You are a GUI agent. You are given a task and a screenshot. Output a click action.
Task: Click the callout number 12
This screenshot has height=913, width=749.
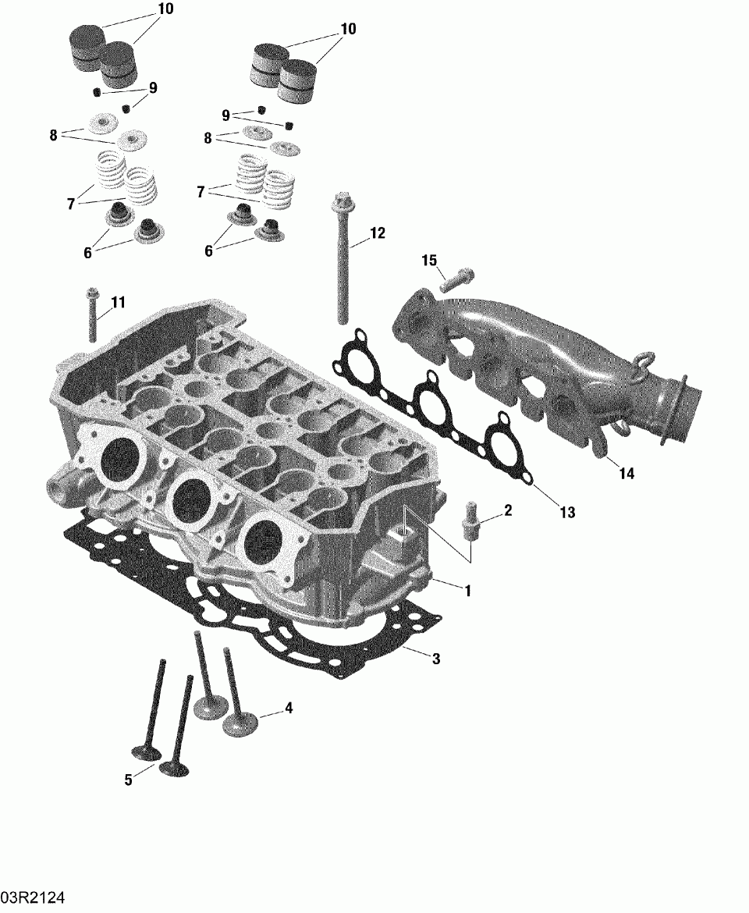pyautogui.click(x=377, y=233)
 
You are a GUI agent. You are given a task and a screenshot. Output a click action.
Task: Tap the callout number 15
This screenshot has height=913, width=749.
pyautogui.click(x=429, y=261)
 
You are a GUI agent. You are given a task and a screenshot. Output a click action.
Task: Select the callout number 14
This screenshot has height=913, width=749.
pyautogui.click(x=627, y=474)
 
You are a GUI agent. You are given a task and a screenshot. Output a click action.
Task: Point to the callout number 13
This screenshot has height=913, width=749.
pyautogui.click(x=567, y=512)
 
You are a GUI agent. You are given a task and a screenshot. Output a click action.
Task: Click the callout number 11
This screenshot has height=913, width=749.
pyautogui.click(x=118, y=302)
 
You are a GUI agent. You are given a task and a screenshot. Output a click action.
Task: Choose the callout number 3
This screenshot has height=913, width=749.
pyautogui.click(x=436, y=659)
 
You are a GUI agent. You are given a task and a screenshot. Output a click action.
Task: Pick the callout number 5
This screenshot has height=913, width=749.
pyautogui.click(x=129, y=780)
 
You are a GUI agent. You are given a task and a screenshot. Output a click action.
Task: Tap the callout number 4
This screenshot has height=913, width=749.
pyautogui.click(x=289, y=708)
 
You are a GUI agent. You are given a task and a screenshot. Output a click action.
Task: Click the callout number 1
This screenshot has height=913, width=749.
pyautogui.click(x=467, y=591)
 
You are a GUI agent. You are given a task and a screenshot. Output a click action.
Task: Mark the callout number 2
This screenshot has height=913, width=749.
pyautogui.click(x=508, y=510)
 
